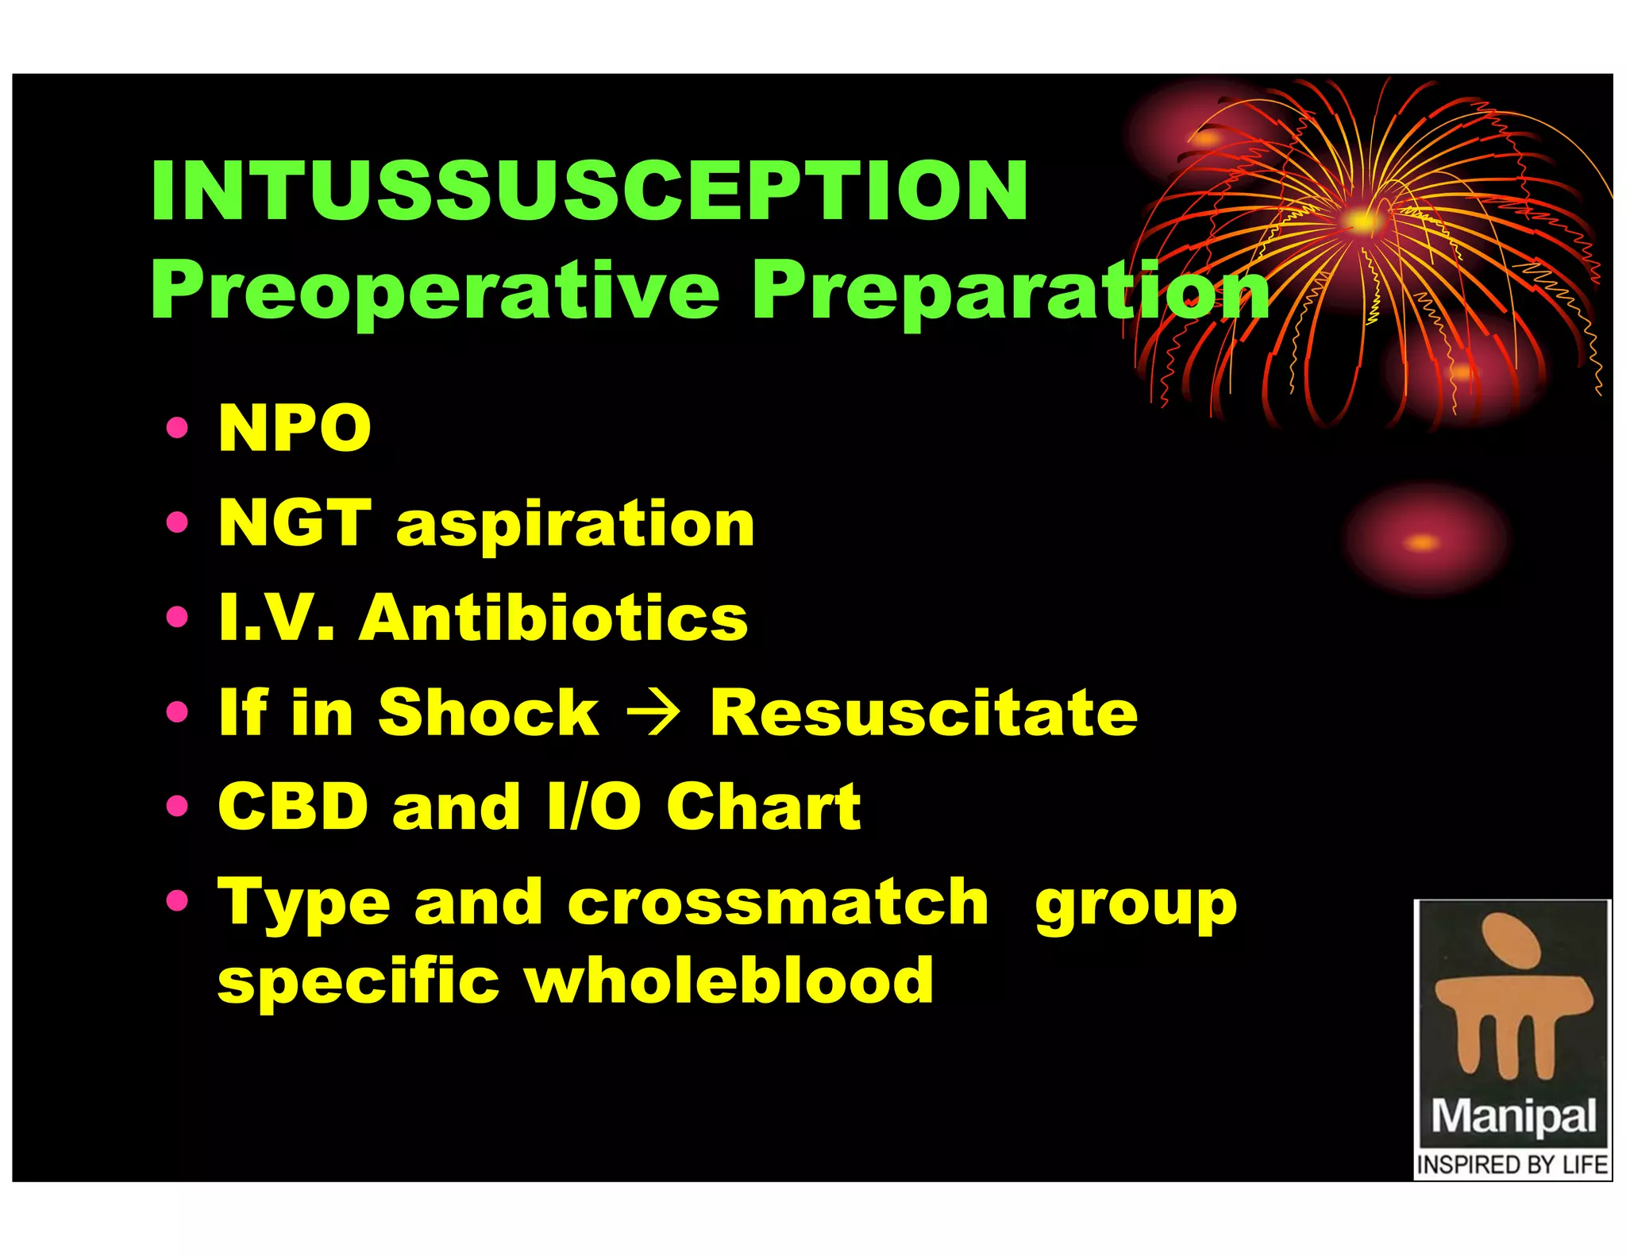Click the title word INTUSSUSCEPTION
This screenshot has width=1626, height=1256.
(589, 191)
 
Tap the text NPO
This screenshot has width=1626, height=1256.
(295, 429)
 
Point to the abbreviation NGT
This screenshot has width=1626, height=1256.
(295, 523)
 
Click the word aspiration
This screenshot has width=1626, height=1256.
(576, 526)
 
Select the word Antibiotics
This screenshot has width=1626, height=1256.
(553, 618)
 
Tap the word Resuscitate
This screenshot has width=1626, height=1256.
(923, 712)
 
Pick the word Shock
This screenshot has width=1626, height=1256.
(488, 712)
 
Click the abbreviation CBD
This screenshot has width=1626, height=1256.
(293, 807)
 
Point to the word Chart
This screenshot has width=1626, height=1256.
(764, 807)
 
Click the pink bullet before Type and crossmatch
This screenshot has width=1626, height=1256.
(178, 900)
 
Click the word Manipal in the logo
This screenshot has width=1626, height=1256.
(1513, 1116)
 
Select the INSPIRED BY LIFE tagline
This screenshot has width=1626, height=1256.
(1512, 1165)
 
